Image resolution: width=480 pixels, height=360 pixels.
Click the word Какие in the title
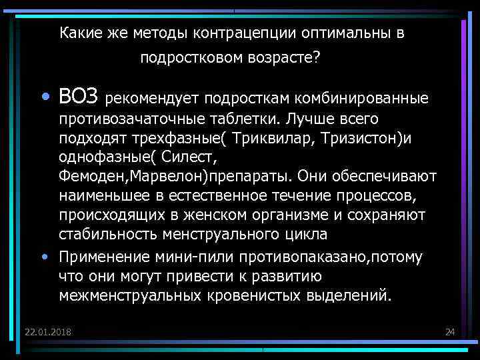[x=78, y=33]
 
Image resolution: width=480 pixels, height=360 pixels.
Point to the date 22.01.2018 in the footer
[x=49, y=332]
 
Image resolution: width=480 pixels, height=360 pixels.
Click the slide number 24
[x=449, y=332]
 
